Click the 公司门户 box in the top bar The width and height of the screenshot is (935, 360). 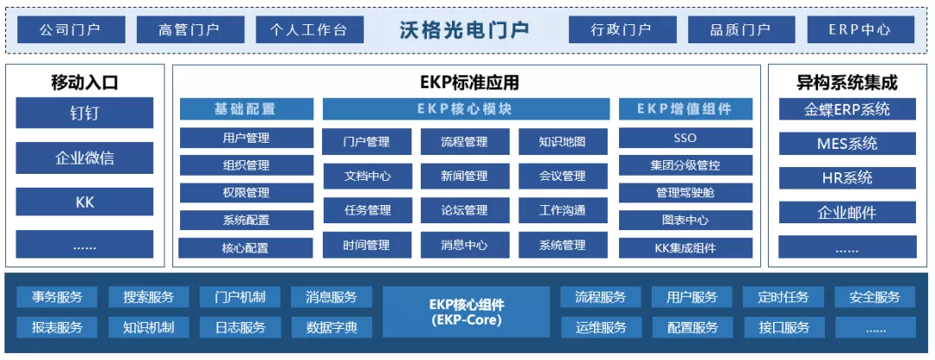tap(71, 29)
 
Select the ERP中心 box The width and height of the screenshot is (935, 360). tap(861, 29)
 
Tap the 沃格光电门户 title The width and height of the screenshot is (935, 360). tap(465, 29)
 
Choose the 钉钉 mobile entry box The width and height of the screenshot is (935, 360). tap(84, 112)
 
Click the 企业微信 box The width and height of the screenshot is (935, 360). tap(84, 158)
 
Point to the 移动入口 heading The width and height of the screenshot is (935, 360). tap(84, 83)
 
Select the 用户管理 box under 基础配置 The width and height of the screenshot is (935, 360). tap(246, 138)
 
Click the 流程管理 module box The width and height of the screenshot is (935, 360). tap(465, 142)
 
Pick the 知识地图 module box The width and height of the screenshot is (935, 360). tap(563, 142)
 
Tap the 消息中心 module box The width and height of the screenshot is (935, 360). tap(465, 245)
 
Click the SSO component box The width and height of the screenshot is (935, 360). tap(685, 138)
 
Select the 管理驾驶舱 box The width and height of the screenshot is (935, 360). tap(685, 192)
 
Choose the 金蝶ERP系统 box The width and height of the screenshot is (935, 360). tap(848, 110)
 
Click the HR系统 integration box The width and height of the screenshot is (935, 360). tap(848, 177)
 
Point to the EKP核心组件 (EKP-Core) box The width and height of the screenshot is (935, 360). tap(467, 312)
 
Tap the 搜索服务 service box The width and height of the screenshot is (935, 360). tap(149, 297)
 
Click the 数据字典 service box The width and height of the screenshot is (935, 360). tap(332, 326)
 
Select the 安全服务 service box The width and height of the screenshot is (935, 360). tap(874, 297)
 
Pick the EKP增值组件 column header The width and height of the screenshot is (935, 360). tap(685, 109)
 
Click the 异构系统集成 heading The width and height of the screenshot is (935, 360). tap(848, 83)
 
